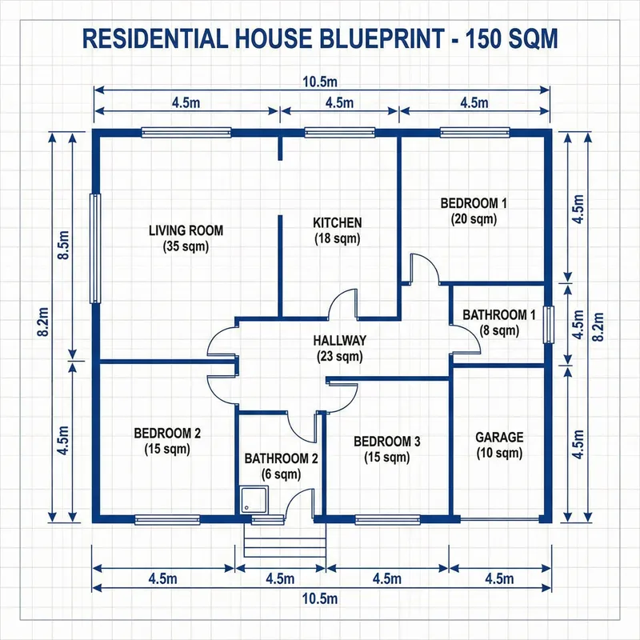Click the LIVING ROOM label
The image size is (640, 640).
point(186,230)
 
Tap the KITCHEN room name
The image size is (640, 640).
point(337,222)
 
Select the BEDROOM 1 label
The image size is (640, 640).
point(474,203)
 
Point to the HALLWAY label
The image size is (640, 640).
point(339,340)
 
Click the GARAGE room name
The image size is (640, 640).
point(499,437)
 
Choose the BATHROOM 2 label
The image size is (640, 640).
point(282,458)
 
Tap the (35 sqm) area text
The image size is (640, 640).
point(186,246)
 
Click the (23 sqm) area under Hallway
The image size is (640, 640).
point(339,356)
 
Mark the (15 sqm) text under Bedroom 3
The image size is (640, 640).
point(386,458)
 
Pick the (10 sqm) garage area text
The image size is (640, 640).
point(499,454)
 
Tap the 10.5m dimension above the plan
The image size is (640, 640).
point(320,81)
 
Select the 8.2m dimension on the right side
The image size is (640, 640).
point(596,324)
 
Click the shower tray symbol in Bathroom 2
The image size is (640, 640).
point(254,501)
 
